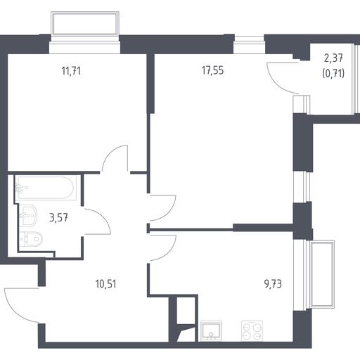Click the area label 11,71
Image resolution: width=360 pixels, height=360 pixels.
click(x=71, y=71)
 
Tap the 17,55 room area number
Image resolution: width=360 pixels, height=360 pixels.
click(x=213, y=70)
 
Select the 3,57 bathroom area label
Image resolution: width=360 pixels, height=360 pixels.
click(x=59, y=218)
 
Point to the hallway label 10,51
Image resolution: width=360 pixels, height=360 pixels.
click(x=106, y=284)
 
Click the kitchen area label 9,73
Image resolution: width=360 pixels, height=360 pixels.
click(x=273, y=284)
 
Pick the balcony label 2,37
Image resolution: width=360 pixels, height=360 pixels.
click(x=333, y=58)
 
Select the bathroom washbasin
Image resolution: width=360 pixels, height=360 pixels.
click(x=27, y=215)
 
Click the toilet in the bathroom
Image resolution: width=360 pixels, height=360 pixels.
click(x=31, y=239)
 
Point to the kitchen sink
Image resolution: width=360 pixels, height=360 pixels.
click(x=211, y=330)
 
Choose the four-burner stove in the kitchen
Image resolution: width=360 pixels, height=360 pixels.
click(x=252, y=330)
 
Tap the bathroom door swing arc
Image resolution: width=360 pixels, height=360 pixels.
click(x=104, y=217)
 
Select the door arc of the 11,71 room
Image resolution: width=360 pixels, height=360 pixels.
click(x=110, y=152)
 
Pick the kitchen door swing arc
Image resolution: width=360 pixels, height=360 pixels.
click(x=170, y=252)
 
